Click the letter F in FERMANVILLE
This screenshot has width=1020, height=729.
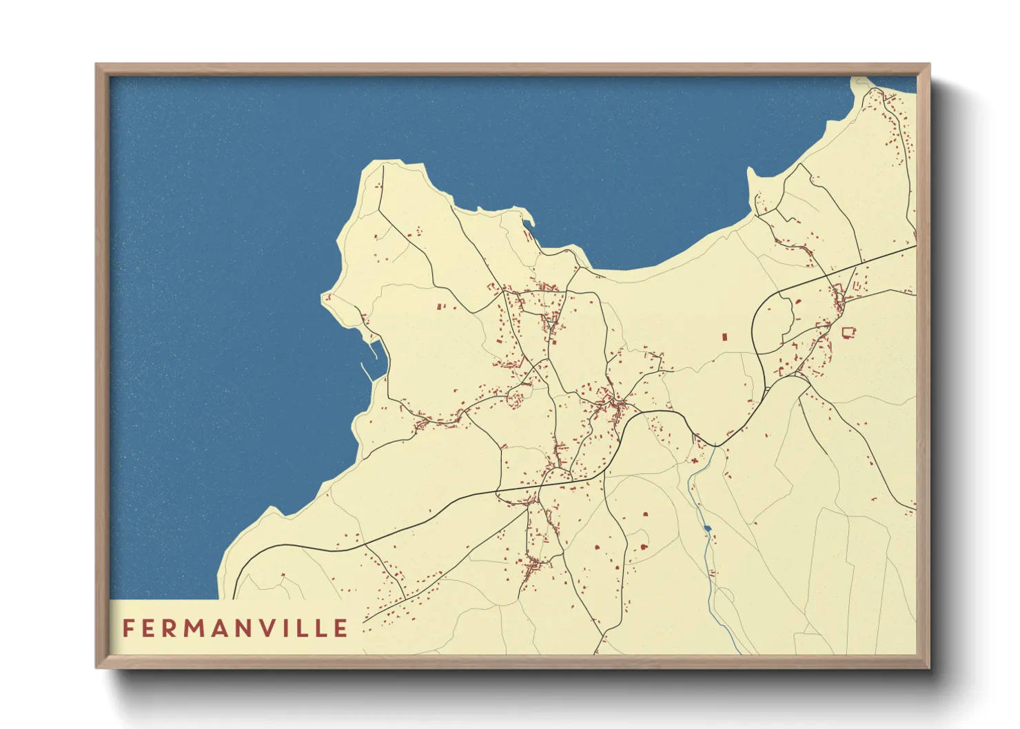127,628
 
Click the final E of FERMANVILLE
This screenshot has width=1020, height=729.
340,628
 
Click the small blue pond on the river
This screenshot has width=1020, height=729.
707,529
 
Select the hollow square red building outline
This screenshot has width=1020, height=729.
847,333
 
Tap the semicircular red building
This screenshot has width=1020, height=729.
644,547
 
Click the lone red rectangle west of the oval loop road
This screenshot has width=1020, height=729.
724,337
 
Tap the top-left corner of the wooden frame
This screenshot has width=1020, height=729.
97,65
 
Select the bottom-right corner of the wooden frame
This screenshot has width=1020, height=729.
928,667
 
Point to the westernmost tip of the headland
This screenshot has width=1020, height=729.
323,298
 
